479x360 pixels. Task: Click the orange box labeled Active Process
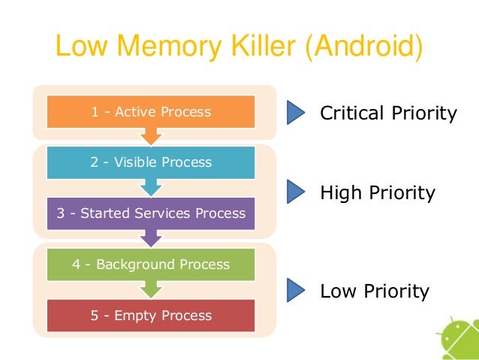point(151,112)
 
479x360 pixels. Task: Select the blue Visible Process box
point(151,162)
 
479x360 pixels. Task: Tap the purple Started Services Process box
point(151,213)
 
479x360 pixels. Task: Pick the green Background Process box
point(151,265)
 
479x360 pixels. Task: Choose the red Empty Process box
point(151,316)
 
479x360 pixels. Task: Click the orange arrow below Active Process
point(152,136)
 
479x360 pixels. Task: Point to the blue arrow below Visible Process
point(152,187)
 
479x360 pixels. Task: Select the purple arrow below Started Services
point(152,238)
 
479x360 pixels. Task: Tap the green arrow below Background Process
point(152,289)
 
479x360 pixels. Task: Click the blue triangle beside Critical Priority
point(296,113)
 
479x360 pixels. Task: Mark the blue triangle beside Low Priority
point(296,289)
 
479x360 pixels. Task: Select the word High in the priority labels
point(340,193)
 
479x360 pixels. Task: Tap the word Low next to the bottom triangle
point(337,291)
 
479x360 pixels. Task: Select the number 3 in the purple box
point(62,213)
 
